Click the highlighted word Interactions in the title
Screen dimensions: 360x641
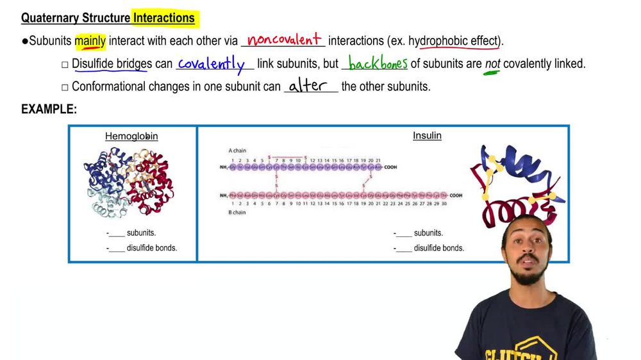(164, 18)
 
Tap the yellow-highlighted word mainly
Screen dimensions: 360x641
(90, 41)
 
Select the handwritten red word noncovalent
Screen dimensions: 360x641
(284, 40)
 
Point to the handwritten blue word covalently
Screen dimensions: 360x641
(212, 64)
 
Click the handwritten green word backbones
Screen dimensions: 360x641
(378, 64)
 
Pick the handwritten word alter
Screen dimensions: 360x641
(308, 86)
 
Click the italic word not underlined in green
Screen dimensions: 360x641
(492, 64)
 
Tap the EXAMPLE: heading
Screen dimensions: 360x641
(49, 110)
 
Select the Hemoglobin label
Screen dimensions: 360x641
(131, 136)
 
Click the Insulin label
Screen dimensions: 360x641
(427, 136)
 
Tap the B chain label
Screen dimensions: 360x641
(237, 212)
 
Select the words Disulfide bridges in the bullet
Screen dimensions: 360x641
(112, 64)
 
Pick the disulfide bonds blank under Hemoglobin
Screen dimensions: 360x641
(117, 248)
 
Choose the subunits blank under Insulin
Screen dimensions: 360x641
(404, 233)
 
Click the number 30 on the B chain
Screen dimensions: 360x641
(444, 204)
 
